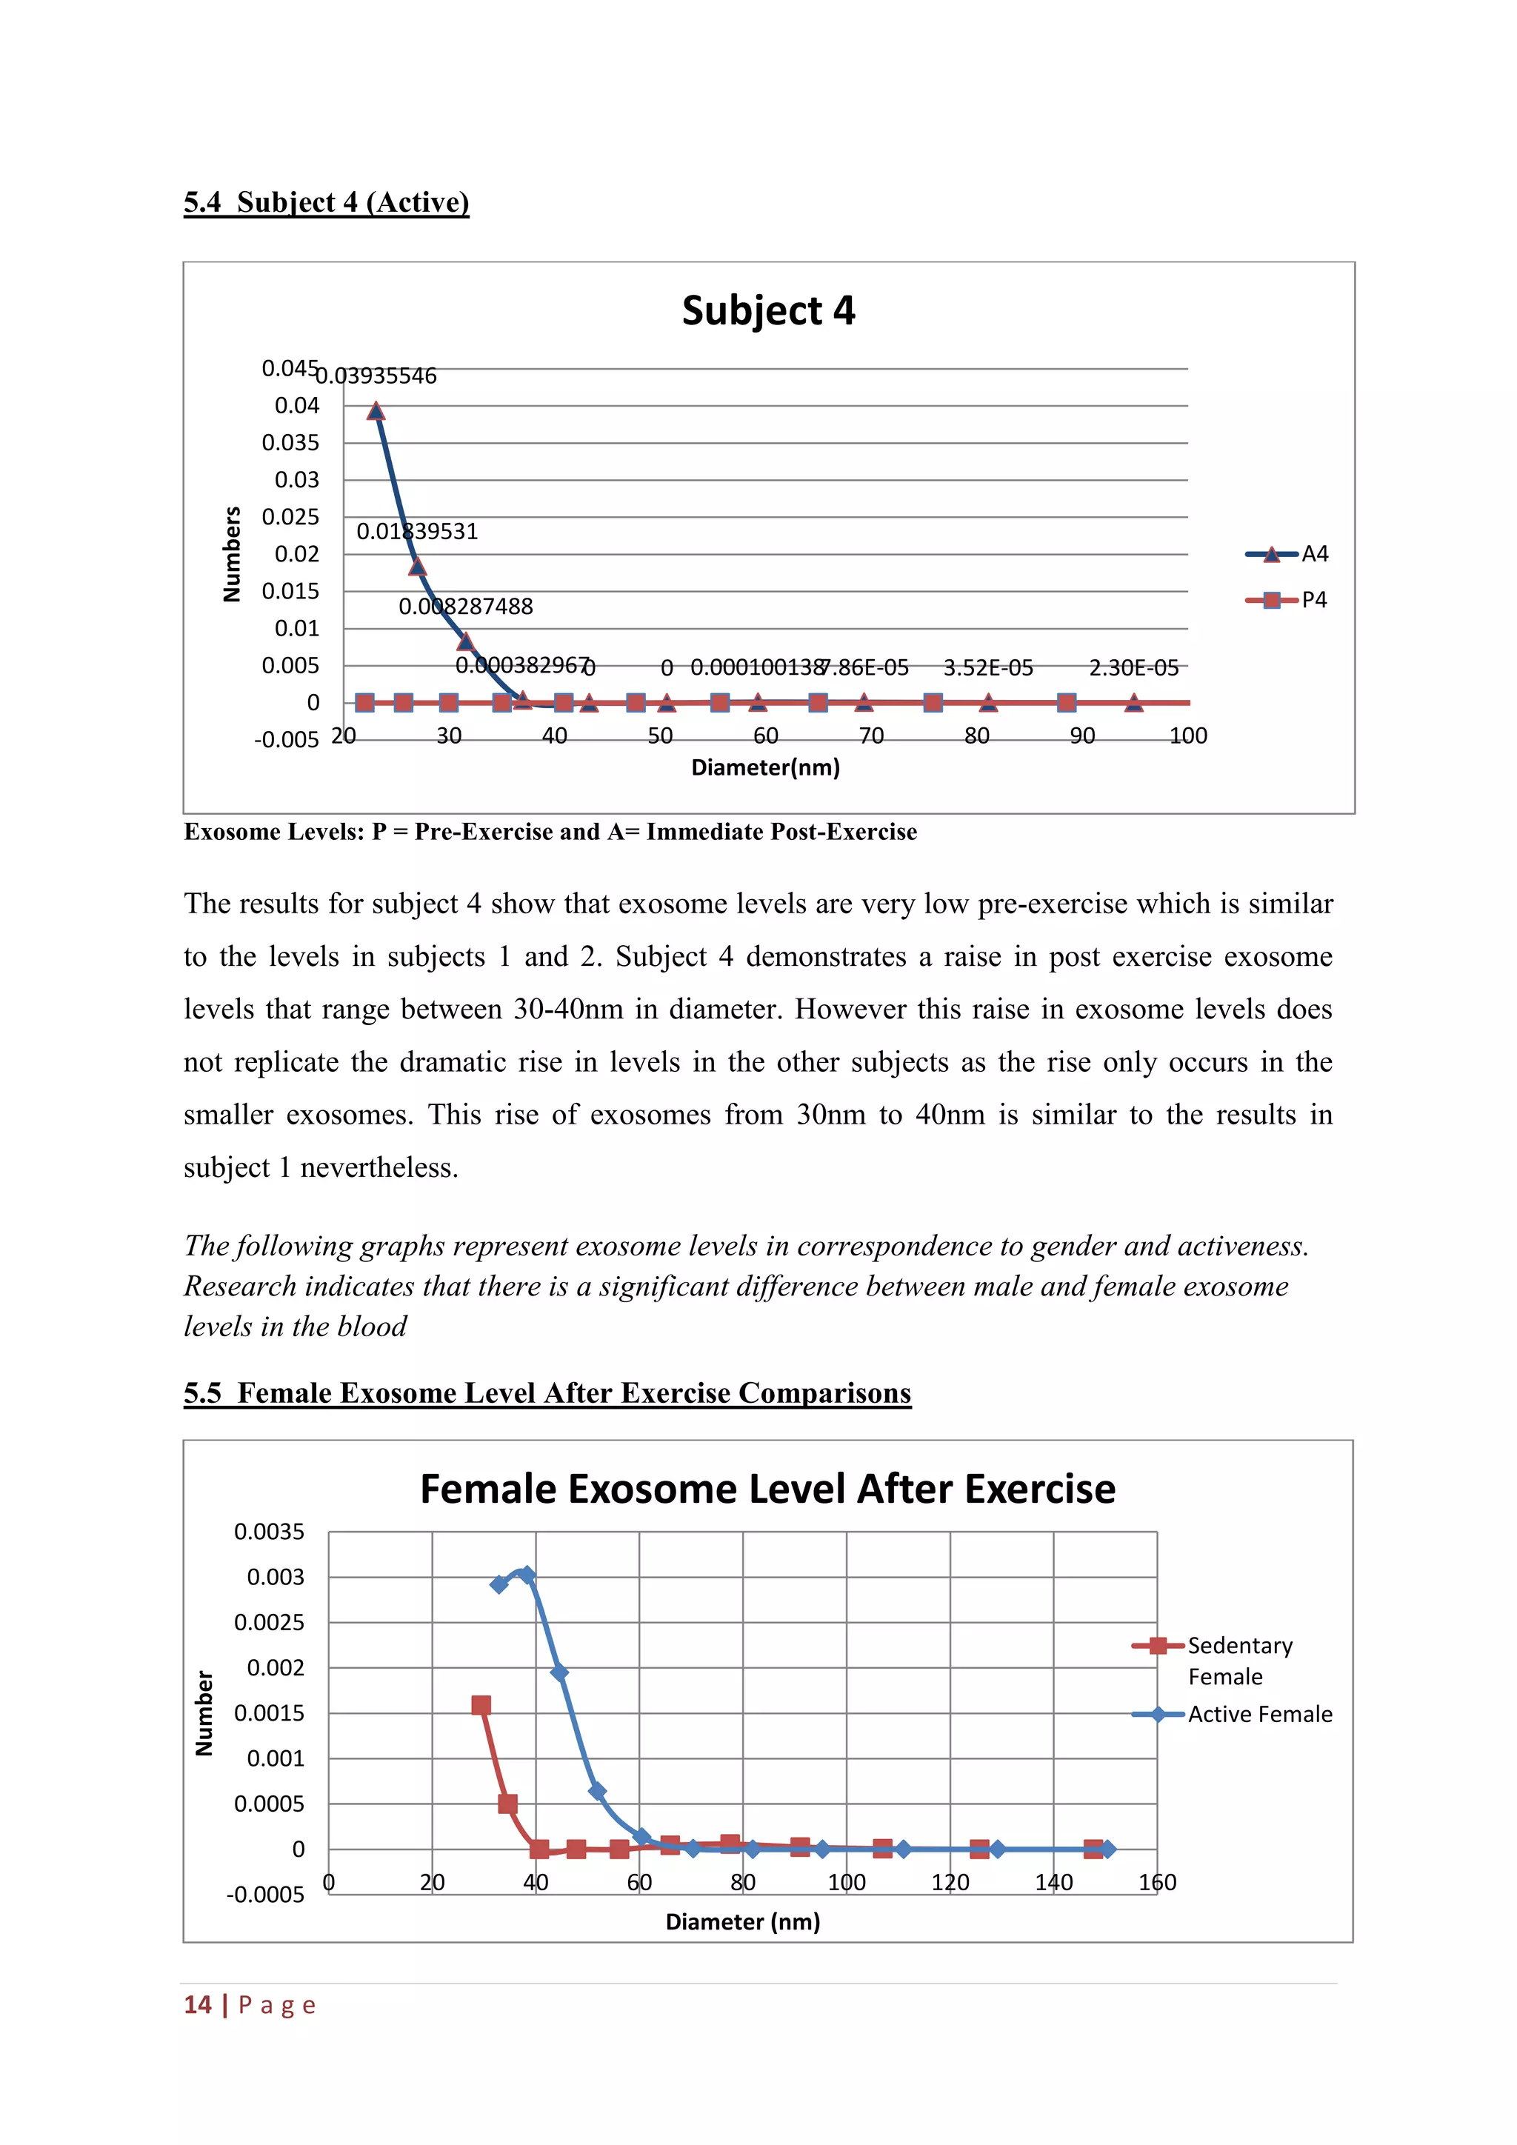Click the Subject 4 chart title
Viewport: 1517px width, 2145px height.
pyautogui.click(x=768, y=310)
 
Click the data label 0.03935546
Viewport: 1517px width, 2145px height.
pyautogui.click(x=376, y=376)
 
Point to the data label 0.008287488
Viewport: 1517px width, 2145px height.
pyautogui.click(x=465, y=607)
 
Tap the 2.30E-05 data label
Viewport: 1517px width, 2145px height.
pyautogui.click(x=1133, y=667)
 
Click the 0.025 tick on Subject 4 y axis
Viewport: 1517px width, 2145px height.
pyautogui.click(x=290, y=517)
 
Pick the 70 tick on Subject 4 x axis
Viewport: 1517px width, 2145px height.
pyautogui.click(x=870, y=736)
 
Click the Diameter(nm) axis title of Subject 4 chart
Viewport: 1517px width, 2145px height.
pyautogui.click(x=765, y=768)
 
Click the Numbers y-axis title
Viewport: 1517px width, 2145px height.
pyautogui.click(x=232, y=554)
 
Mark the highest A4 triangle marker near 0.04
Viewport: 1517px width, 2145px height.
pyautogui.click(x=376, y=411)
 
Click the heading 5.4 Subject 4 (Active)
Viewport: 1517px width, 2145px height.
pyautogui.click(x=326, y=201)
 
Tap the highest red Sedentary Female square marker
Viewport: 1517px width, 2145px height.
pyautogui.click(x=481, y=1705)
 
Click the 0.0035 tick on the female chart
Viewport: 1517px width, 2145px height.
pyautogui.click(x=269, y=1532)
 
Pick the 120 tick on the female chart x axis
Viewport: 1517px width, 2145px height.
pyautogui.click(x=950, y=1883)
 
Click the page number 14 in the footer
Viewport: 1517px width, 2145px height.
pyautogui.click(x=197, y=2005)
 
